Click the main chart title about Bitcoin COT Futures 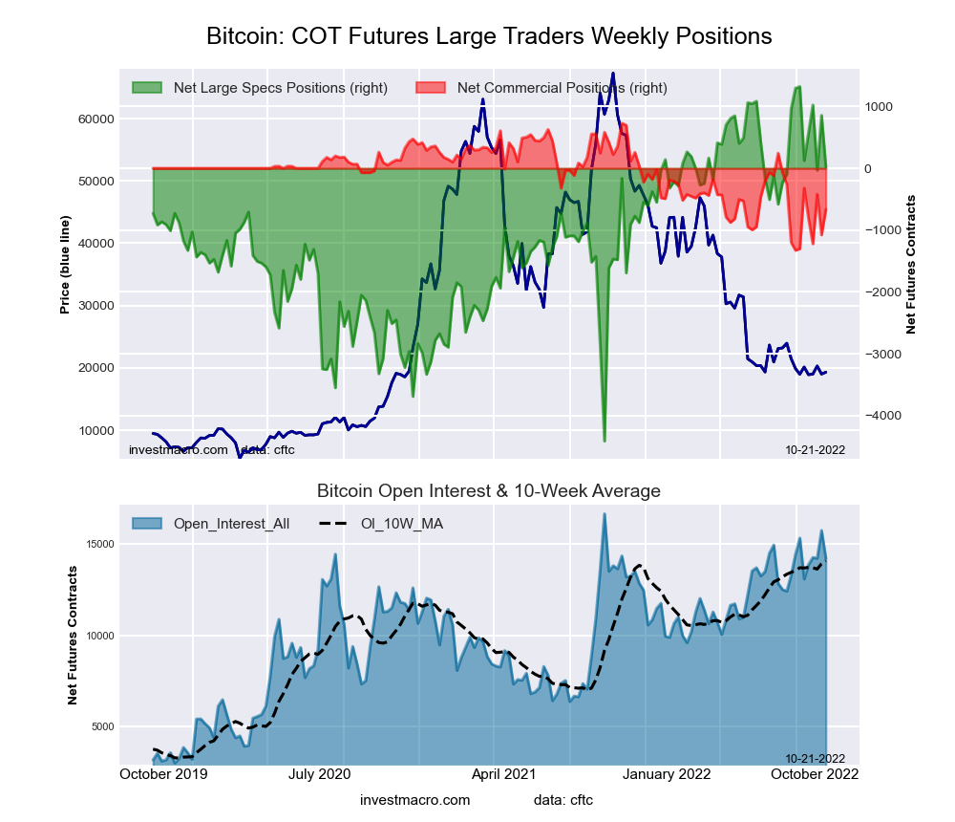click(489, 36)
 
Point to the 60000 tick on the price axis click(95, 119)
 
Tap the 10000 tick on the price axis click(95, 430)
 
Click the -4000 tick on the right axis click(884, 416)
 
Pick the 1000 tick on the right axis click(879, 106)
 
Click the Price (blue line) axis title click(65, 265)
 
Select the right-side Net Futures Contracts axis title click(910, 265)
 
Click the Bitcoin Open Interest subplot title click(489, 491)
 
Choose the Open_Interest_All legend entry click(231, 524)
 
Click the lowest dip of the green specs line click(604, 441)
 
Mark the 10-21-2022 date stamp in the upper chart click(815, 449)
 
